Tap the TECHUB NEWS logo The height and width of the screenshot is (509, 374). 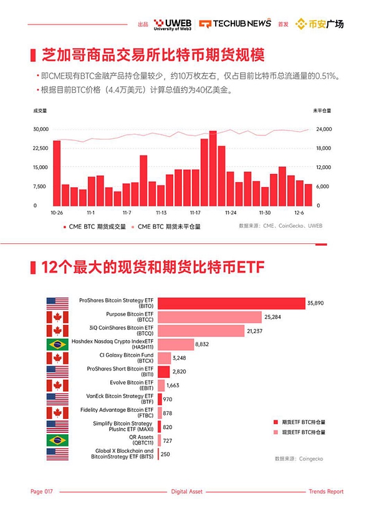click(236, 24)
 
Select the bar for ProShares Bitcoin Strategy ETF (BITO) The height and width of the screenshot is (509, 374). click(231, 303)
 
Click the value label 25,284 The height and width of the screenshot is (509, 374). click(275, 317)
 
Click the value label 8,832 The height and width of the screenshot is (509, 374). click(204, 344)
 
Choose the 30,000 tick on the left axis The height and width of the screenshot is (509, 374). click(40, 129)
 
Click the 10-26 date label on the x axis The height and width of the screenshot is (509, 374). click(57, 212)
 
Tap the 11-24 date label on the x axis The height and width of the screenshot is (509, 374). click(230, 212)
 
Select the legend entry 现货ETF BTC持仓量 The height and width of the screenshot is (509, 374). click(302, 432)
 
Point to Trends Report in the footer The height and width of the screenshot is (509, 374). click(326, 492)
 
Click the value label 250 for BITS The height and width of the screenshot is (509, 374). click(165, 454)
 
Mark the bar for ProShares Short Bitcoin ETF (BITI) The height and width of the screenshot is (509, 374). click(163, 372)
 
